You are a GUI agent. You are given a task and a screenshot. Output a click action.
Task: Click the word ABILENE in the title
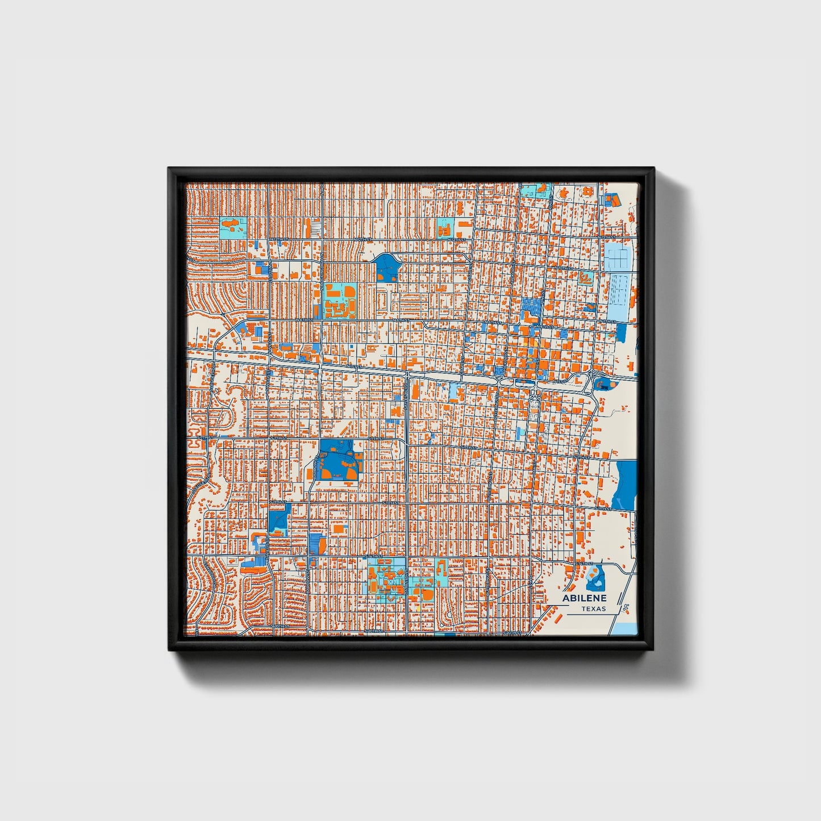[584, 598]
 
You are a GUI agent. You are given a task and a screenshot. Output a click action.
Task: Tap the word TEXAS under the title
[593, 609]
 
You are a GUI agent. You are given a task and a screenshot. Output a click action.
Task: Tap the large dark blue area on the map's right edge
[625, 485]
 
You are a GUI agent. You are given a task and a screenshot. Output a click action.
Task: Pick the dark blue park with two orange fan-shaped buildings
[339, 460]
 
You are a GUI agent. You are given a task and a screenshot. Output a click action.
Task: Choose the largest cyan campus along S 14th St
[386, 576]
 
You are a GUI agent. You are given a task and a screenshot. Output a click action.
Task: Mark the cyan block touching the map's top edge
[535, 189]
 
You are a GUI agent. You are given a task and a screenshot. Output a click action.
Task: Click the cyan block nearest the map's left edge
[231, 227]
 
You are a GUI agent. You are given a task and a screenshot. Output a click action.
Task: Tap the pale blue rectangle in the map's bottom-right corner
[627, 628]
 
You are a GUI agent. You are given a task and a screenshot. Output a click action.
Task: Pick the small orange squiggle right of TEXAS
[626, 608]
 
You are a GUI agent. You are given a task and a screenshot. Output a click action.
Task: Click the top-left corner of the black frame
[169, 168]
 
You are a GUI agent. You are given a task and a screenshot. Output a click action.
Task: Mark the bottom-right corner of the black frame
[653, 650]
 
